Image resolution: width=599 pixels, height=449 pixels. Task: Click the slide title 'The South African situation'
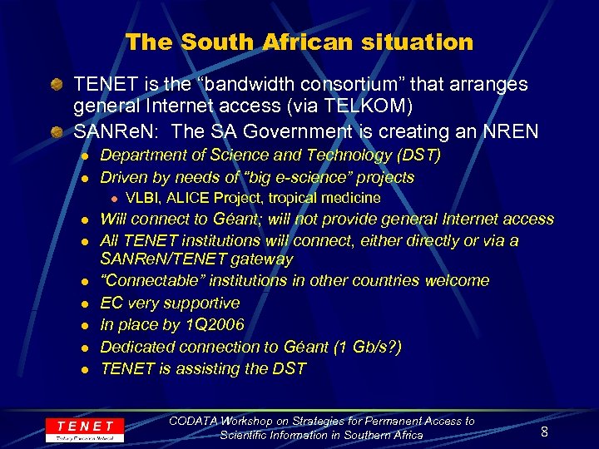point(299,42)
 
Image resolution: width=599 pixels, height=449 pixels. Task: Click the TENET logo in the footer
point(85,430)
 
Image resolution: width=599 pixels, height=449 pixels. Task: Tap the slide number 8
point(544,432)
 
